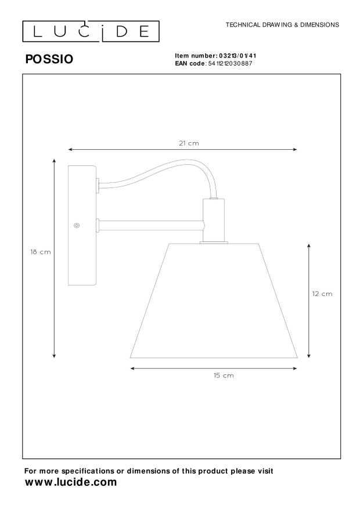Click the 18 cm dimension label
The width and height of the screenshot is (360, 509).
[x=40, y=251]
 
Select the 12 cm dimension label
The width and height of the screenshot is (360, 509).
[x=322, y=294]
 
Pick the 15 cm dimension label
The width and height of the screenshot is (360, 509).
[x=224, y=376]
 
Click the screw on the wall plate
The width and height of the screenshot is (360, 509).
[x=77, y=226]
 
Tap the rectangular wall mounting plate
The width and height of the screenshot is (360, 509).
[x=81, y=225]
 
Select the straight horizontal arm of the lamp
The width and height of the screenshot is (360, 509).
[x=151, y=223]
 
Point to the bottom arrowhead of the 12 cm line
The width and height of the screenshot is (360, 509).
[x=308, y=355]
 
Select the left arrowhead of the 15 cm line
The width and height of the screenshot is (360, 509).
[x=133, y=368]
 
